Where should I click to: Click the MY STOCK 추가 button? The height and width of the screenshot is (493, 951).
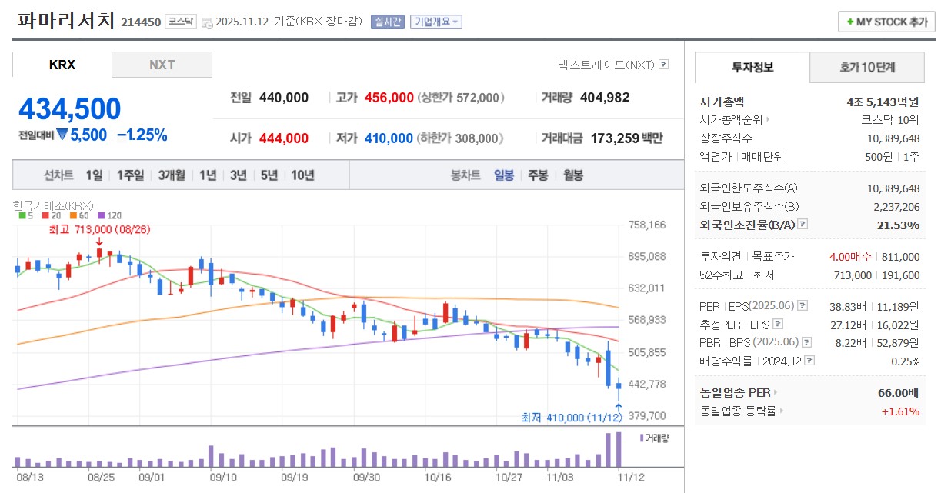886,22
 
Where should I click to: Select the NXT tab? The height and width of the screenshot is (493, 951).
162,65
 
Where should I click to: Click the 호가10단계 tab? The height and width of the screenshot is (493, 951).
867,68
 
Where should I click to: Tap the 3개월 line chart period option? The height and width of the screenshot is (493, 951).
171,175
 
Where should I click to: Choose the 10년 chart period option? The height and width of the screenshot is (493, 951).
302,175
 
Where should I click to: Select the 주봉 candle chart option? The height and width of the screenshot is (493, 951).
538,175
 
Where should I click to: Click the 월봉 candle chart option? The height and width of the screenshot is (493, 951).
573,175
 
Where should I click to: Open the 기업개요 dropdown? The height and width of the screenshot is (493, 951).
436,22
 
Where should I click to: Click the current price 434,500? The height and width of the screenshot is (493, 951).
69,109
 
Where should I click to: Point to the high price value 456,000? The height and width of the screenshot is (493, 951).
389,98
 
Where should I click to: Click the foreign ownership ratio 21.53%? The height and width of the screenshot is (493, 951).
898,225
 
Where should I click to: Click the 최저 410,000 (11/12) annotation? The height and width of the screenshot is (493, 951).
571,418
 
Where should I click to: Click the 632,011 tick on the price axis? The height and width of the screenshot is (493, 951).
646,288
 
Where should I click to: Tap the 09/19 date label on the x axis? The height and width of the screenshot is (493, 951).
295,477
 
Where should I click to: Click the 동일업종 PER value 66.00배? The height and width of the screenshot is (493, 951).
898,393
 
